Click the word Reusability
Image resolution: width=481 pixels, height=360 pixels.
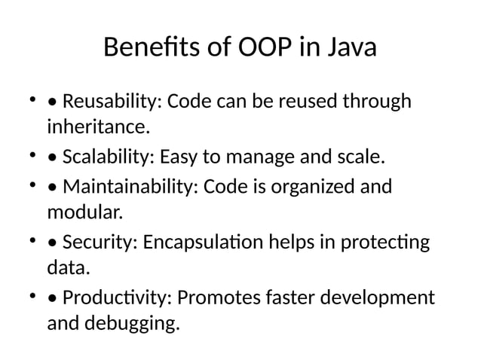click(x=112, y=101)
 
